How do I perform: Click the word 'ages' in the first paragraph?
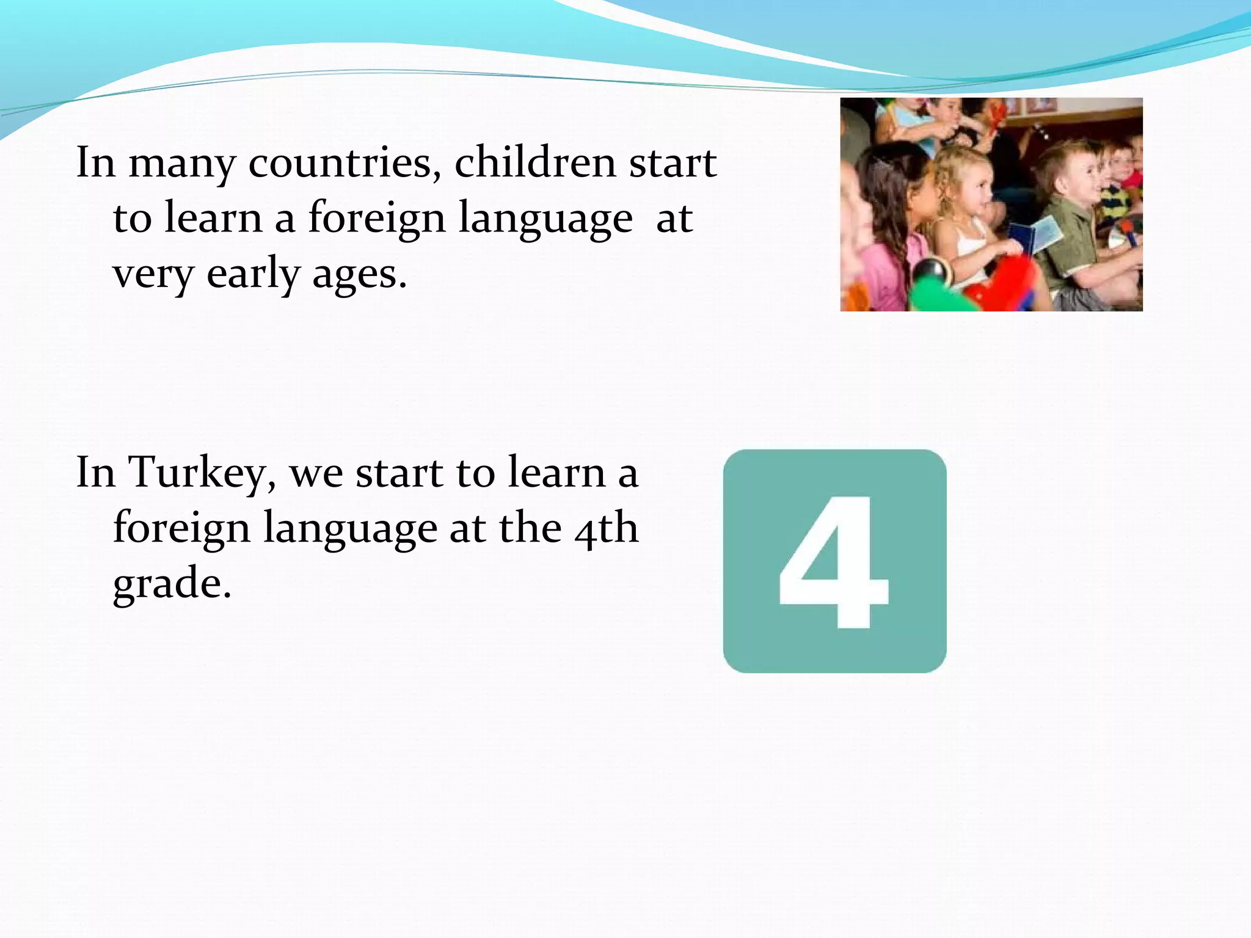(x=359, y=275)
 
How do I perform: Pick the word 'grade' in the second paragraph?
(x=172, y=583)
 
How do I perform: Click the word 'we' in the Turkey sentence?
(x=316, y=473)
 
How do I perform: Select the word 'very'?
(x=153, y=275)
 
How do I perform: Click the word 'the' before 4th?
(x=530, y=528)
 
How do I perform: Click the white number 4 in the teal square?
(x=834, y=562)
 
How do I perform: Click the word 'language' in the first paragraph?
(x=545, y=219)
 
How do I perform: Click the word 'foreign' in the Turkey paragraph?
(x=181, y=528)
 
